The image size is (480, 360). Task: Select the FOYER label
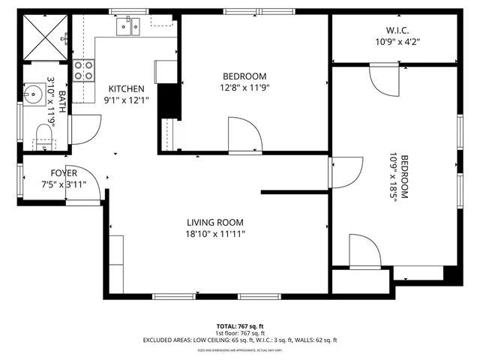(64, 173)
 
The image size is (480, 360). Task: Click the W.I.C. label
(397, 31)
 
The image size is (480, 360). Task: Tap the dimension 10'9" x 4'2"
(397, 42)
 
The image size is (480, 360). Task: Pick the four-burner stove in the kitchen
(84, 70)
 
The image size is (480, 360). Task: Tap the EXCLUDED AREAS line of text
(239, 340)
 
